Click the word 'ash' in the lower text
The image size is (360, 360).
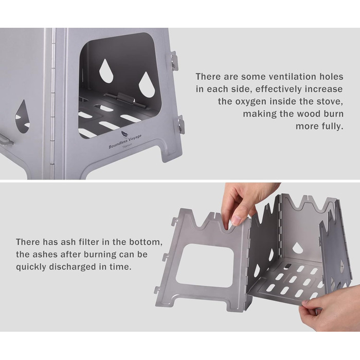click(x=68, y=242)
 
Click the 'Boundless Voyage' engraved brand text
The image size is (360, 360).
click(x=125, y=141)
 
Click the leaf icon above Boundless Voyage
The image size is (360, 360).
click(x=124, y=134)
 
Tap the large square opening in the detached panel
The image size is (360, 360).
click(x=205, y=265)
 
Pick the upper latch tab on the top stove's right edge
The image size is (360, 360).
click(x=174, y=60)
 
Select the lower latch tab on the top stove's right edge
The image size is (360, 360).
click(x=181, y=124)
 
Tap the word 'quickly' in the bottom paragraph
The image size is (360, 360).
click(x=31, y=267)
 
